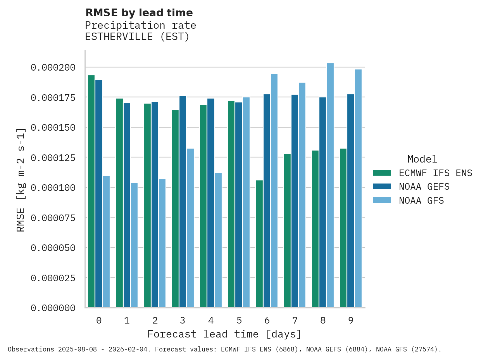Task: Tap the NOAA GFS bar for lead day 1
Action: click(134, 245)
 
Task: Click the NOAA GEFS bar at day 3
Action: click(183, 202)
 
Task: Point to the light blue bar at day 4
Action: click(218, 240)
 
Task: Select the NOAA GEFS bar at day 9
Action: click(351, 201)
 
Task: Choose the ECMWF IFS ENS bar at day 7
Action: click(287, 231)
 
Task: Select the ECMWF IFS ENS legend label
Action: click(435, 173)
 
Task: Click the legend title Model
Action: click(422, 159)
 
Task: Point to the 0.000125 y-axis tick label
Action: click(53, 157)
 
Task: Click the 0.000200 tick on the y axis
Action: click(53, 67)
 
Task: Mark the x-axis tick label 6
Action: click(267, 320)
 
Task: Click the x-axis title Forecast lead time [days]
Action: click(224, 334)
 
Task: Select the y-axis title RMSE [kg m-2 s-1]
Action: click(21, 180)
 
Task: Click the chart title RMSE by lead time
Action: click(139, 13)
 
